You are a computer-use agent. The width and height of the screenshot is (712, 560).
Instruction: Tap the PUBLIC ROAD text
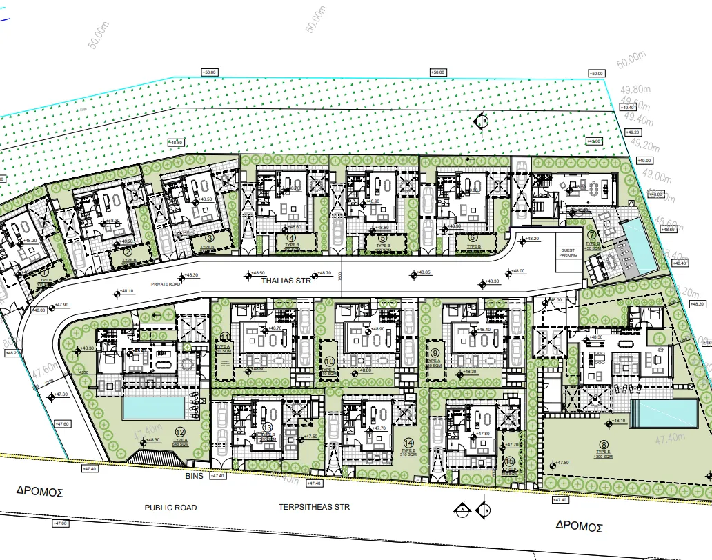(170, 508)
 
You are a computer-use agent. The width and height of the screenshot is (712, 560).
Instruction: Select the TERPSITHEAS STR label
(314, 507)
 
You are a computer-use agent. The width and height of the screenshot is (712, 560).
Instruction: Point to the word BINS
(192, 476)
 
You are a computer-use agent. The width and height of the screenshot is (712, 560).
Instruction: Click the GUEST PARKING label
(568, 253)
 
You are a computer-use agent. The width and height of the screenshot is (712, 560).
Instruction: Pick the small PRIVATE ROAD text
(167, 283)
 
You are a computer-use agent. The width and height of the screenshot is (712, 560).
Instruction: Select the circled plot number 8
(604, 445)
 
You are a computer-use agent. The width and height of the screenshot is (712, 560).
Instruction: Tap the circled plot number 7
(591, 235)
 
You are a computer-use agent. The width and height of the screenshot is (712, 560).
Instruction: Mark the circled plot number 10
(329, 361)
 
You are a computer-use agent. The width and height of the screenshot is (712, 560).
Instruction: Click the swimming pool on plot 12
(154, 408)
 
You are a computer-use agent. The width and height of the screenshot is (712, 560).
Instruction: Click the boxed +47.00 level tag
(61, 523)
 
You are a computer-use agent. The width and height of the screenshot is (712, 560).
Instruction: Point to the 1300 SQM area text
(604, 457)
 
